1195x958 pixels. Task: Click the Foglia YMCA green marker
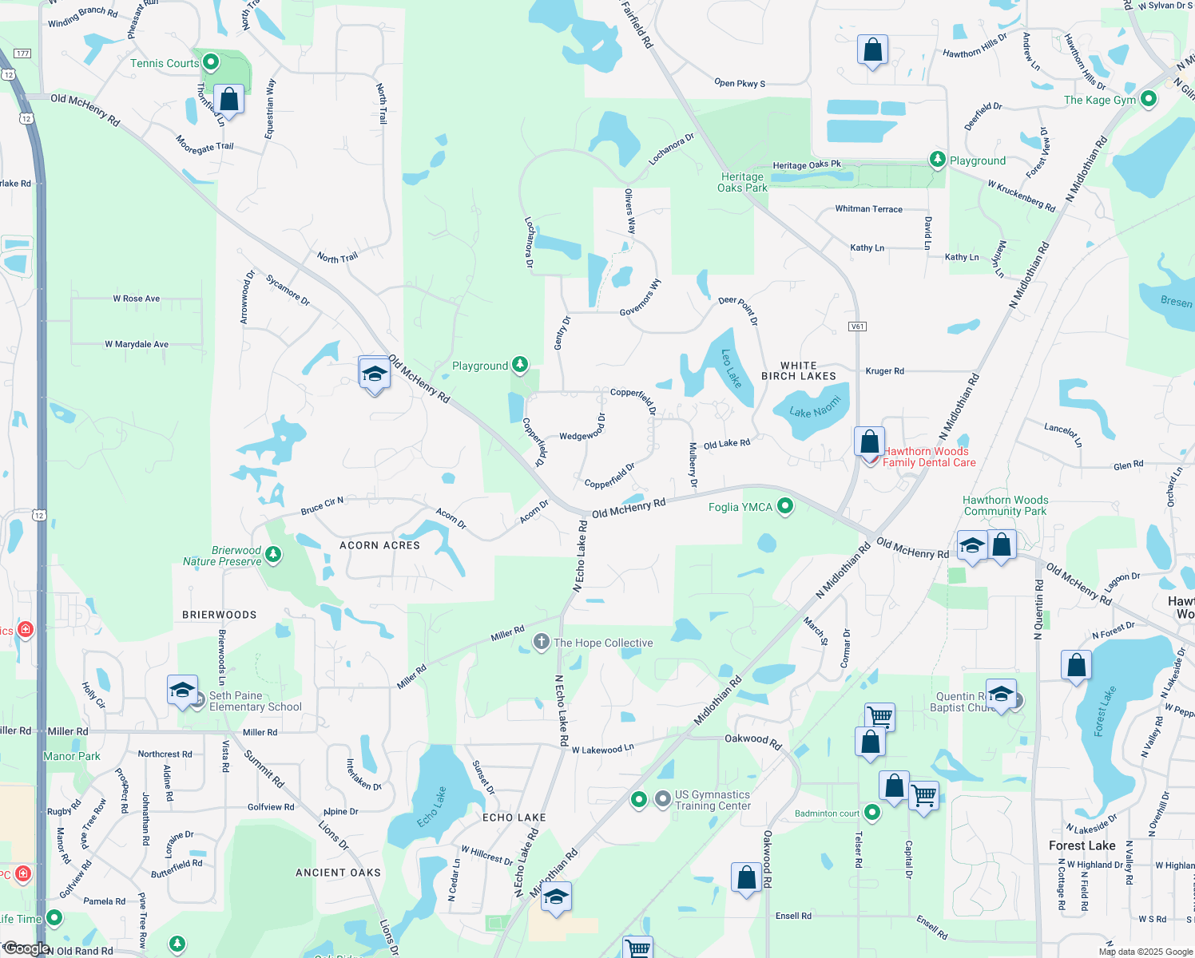785,506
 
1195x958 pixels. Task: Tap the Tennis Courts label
165,63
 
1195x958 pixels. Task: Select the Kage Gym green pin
1149,99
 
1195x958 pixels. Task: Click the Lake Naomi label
815,407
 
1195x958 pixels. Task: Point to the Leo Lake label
732,368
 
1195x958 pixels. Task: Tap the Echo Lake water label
432,807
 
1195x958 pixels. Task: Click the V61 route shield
857,327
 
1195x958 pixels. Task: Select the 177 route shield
22,53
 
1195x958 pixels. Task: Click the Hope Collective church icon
542,642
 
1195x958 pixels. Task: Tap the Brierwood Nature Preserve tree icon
273,554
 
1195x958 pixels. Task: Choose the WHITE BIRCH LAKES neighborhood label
798,370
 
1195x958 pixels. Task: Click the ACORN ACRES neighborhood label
379,545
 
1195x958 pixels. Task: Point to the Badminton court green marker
872,813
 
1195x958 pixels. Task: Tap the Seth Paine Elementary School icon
182,690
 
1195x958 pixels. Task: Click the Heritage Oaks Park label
742,182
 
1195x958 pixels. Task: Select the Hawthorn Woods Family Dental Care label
928,457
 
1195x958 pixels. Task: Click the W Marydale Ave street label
137,344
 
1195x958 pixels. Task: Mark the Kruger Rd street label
884,371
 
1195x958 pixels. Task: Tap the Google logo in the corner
26,948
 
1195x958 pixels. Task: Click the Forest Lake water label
1104,711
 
